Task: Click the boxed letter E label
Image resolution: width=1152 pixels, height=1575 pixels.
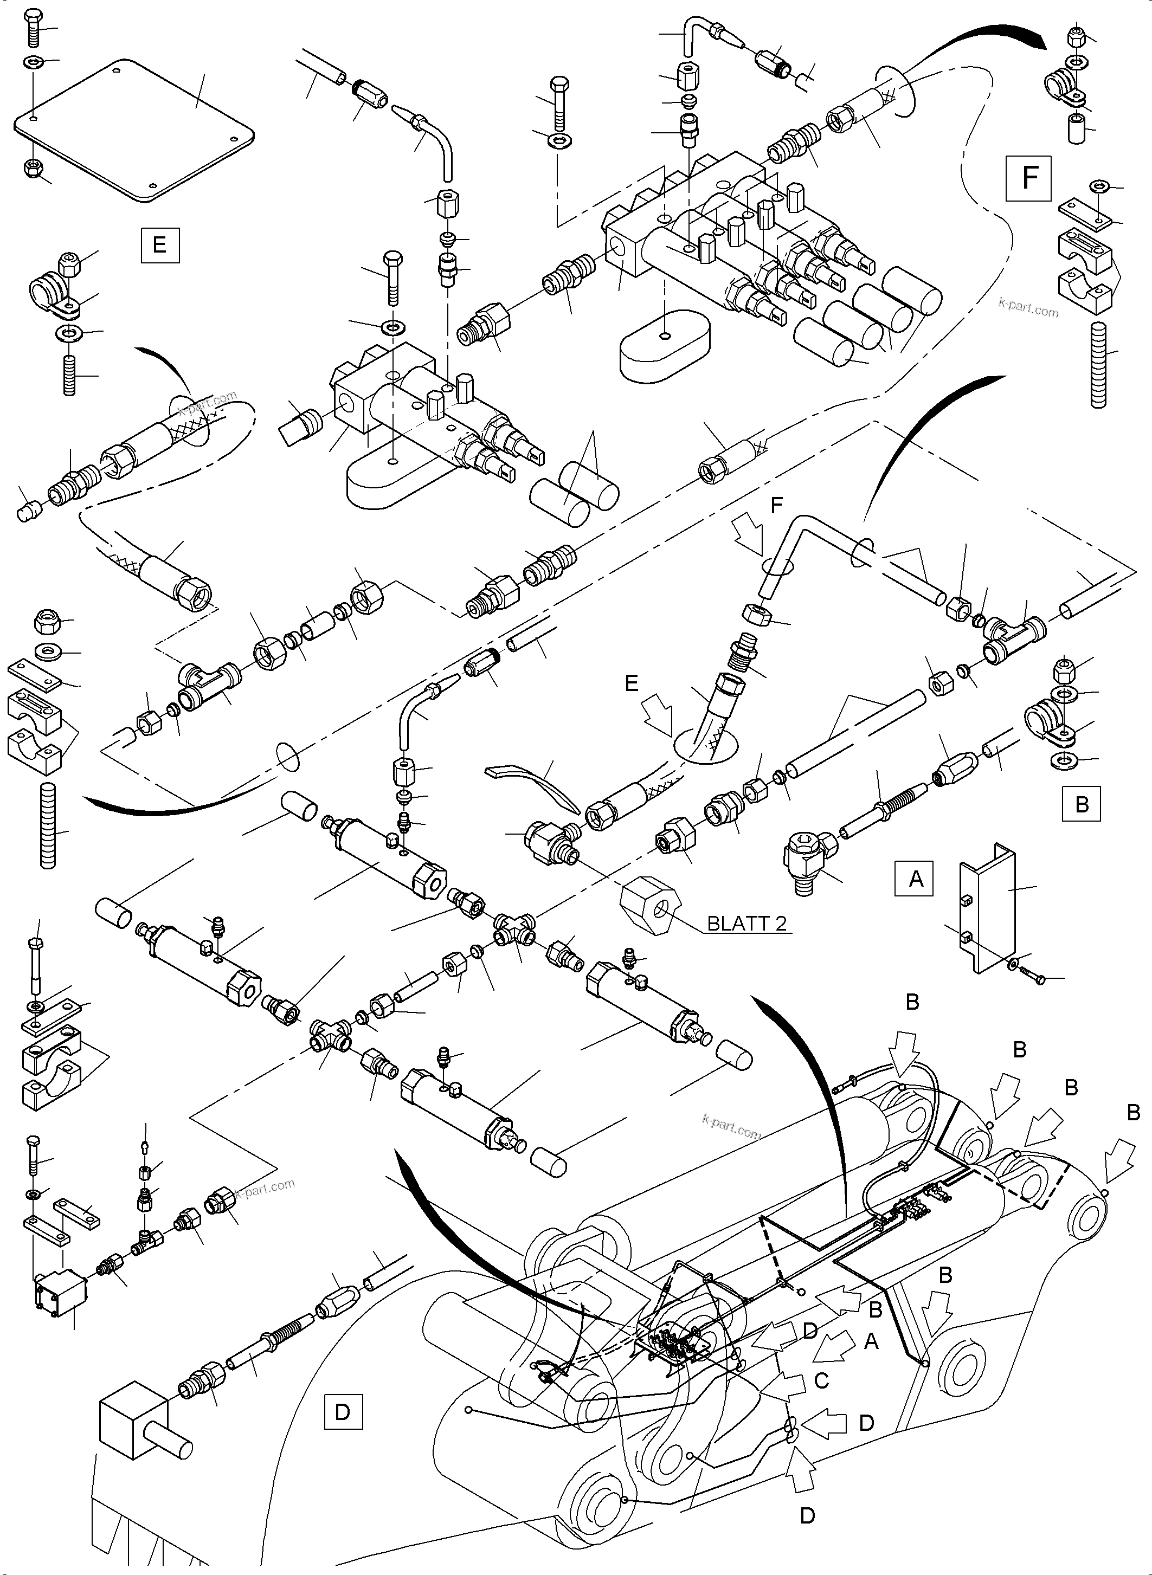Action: coord(160,245)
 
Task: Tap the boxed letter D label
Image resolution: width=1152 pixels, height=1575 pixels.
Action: coord(343,1412)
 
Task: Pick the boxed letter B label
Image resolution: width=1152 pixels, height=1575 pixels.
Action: coord(1081,804)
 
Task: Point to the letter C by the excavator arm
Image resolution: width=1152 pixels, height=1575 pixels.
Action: coord(821,1380)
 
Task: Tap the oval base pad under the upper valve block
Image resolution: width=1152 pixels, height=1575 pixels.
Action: coord(666,346)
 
